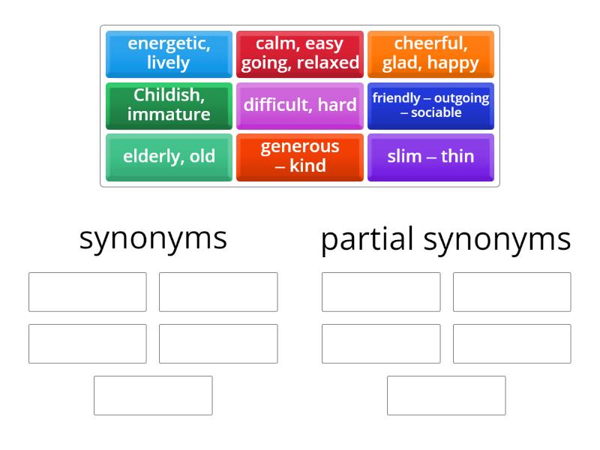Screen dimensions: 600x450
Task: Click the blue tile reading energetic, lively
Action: pos(169,54)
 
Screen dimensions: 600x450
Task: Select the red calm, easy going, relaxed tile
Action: pos(300,54)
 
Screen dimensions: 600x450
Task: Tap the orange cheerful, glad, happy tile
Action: pos(430,54)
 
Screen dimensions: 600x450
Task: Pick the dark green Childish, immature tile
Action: pos(169,106)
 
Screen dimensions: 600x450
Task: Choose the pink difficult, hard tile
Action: pos(300,106)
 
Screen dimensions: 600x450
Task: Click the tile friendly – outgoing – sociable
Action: pos(430,106)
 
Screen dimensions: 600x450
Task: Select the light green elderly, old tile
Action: pos(169,157)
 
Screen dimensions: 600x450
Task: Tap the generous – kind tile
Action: pos(300,157)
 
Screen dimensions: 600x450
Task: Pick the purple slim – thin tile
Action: pos(430,157)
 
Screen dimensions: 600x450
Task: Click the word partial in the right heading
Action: pos(367,240)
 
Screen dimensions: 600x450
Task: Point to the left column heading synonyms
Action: pos(153,238)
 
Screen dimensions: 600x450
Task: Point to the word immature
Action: pos(169,115)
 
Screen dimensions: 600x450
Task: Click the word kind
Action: pos(307,166)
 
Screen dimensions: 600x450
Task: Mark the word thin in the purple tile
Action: pos(457,157)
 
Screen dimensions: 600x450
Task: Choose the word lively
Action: pos(169,63)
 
